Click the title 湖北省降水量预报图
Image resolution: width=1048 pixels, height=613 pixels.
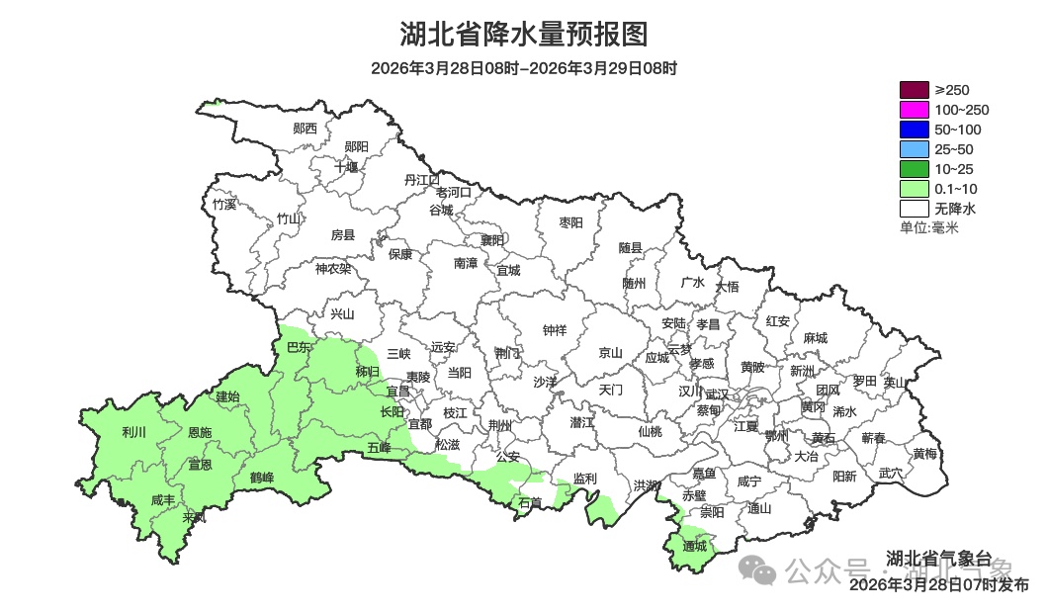tap(524, 35)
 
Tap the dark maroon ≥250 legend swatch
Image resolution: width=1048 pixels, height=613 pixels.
tap(915, 90)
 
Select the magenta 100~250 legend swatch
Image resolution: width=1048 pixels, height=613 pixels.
tap(915, 110)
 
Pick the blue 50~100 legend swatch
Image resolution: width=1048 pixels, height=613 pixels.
tap(915, 130)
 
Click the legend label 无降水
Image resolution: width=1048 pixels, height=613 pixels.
tap(954, 209)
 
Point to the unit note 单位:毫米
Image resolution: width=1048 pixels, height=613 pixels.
tap(928, 228)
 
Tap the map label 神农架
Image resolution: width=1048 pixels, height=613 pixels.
tap(333, 268)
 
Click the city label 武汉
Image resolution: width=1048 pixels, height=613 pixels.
tap(717, 394)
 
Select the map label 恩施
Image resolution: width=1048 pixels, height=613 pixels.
tap(200, 433)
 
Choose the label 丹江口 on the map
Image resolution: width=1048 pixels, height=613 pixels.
tap(422, 179)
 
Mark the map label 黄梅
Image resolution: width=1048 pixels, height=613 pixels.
tap(925, 454)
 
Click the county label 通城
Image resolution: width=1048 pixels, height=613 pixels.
tap(694, 546)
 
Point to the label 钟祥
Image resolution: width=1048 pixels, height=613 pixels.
tap(556, 330)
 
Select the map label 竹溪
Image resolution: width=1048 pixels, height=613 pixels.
tap(224, 205)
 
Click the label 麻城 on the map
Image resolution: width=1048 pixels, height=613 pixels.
tap(816, 338)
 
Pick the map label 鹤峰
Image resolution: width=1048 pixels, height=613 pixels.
tap(262, 478)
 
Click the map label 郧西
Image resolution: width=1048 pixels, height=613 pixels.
tap(305, 128)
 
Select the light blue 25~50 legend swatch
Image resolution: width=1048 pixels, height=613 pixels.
tap(915, 149)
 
